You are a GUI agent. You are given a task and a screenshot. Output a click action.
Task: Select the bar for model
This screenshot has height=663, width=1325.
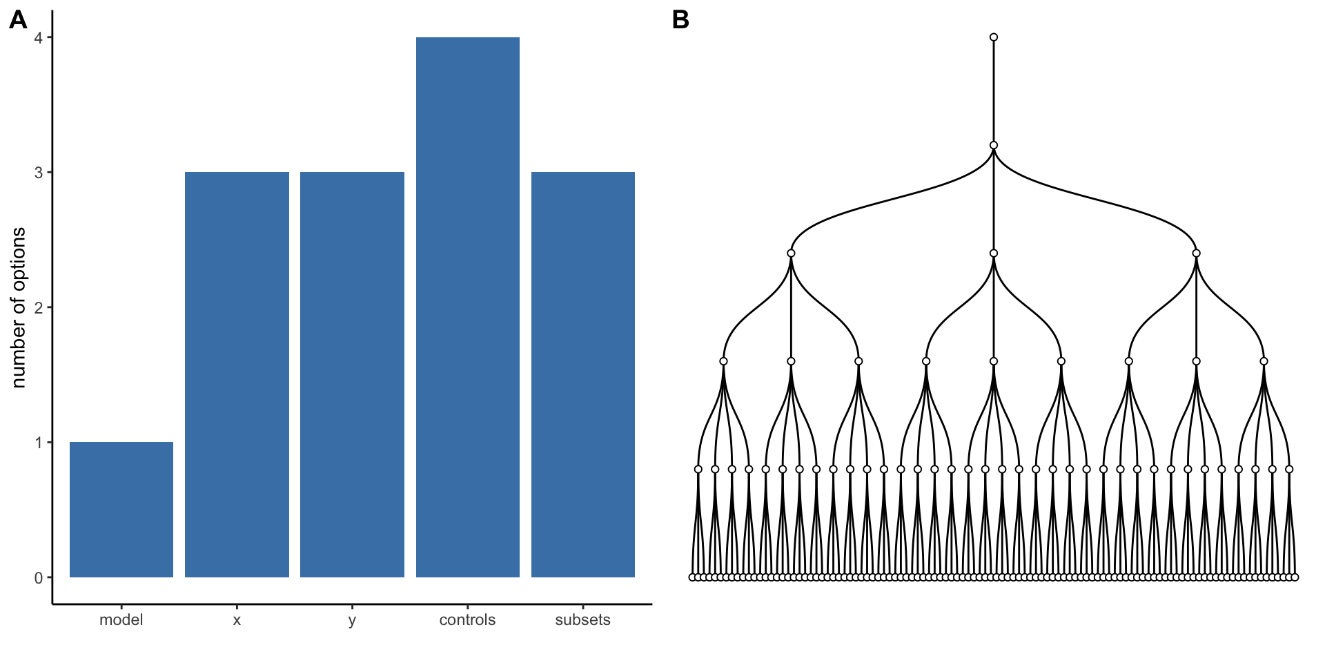121,510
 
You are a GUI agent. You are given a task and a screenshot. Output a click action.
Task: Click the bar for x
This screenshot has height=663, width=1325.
237,374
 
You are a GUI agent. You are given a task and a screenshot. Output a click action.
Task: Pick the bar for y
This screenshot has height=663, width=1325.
352,374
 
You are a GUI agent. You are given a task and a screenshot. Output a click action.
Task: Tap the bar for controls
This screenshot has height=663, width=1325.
468,307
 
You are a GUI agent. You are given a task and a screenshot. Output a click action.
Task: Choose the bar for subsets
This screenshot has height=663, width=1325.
583,374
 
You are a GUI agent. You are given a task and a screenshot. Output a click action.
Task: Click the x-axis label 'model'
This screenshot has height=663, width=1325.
121,620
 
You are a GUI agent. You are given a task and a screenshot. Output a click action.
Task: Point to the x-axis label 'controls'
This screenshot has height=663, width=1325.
468,620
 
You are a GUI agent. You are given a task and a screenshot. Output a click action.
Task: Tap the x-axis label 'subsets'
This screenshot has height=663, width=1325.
583,620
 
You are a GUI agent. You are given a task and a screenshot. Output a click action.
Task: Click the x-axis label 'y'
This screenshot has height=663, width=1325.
352,620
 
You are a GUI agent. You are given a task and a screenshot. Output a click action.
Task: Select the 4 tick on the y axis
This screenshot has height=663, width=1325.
39,37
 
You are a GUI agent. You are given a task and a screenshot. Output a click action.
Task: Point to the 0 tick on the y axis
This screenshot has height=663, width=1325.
39,578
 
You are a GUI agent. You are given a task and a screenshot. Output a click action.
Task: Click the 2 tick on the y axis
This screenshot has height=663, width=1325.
39,307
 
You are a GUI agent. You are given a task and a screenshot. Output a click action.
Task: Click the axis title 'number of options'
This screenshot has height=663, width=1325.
19,307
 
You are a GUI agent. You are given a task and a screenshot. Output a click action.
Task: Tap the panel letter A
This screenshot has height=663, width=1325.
18,20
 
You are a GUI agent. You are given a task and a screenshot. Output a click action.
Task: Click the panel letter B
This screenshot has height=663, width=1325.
680,20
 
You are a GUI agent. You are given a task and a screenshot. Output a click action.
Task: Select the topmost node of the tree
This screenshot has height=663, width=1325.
994,37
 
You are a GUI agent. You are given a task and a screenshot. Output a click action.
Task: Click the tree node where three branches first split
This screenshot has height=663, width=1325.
994,145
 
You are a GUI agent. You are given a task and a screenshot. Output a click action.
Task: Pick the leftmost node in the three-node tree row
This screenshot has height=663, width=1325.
791,253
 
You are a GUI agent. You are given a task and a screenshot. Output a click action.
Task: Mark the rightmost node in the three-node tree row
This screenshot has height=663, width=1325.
1196,253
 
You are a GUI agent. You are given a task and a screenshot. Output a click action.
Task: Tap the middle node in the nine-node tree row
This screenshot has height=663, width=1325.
994,361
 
